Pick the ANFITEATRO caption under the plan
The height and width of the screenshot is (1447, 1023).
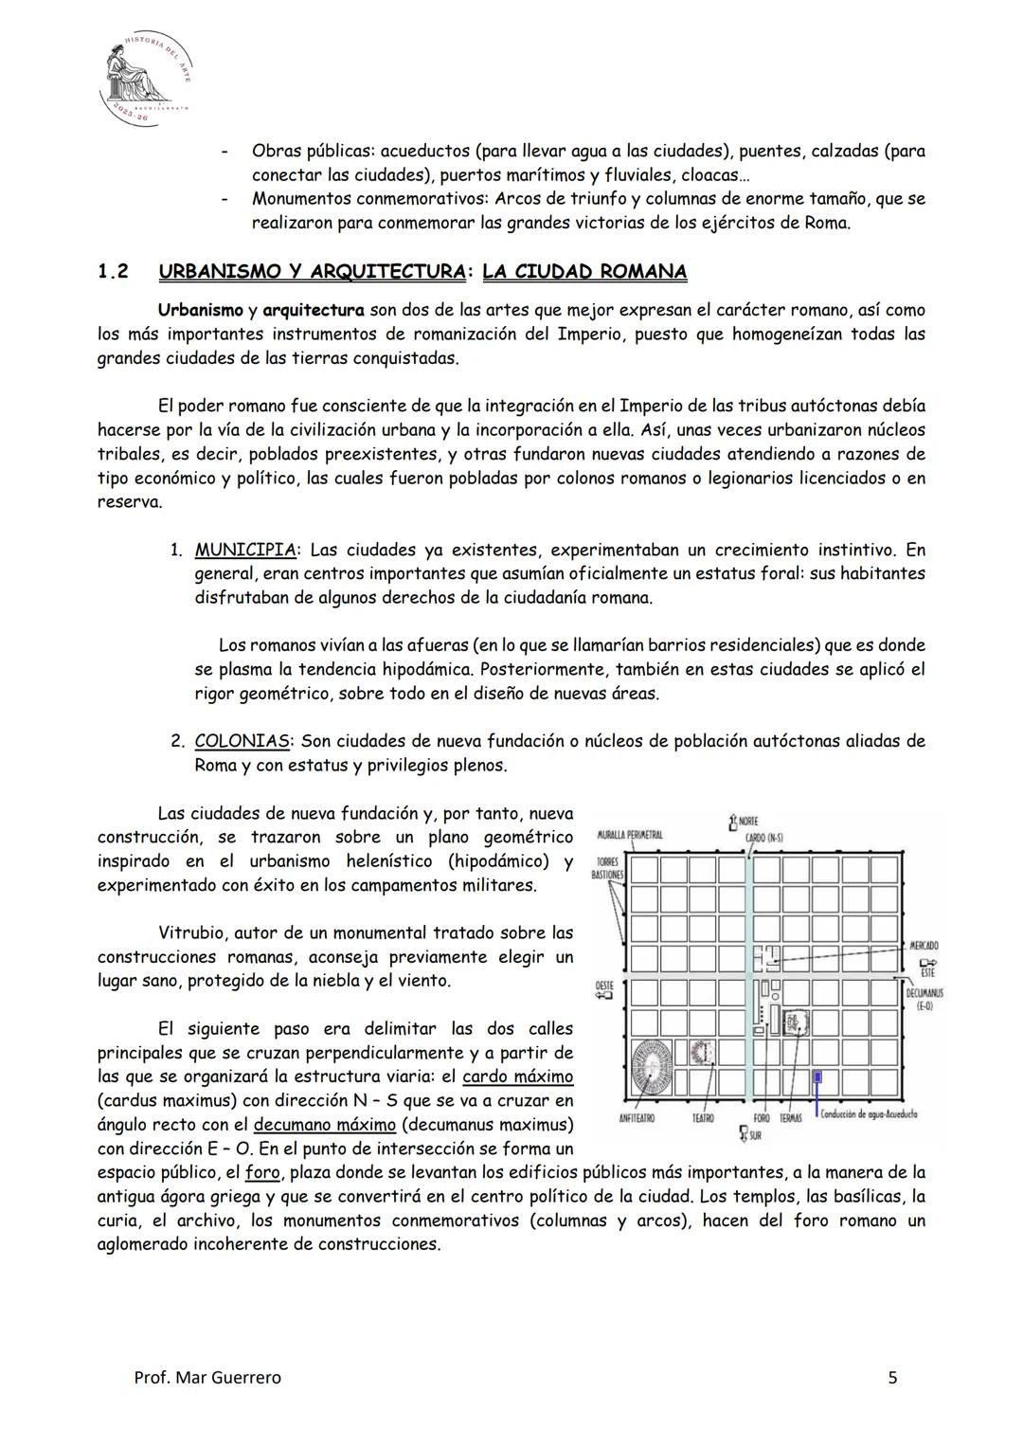click(638, 1118)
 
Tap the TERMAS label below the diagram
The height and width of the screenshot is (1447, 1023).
click(790, 1118)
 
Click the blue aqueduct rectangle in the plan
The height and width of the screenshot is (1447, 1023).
click(817, 1078)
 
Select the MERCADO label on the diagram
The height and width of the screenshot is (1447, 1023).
click(923, 946)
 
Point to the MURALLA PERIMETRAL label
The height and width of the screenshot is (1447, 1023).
click(630, 835)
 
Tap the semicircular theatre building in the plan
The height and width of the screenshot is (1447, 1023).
click(701, 1052)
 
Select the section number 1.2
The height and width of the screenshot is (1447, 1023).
click(113, 272)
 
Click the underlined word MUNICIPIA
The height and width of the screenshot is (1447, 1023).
click(245, 550)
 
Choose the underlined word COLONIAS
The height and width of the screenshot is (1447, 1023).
click(242, 741)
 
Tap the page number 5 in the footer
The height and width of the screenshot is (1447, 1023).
click(892, 1378)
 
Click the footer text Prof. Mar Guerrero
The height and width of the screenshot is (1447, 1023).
click(207, 1378)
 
